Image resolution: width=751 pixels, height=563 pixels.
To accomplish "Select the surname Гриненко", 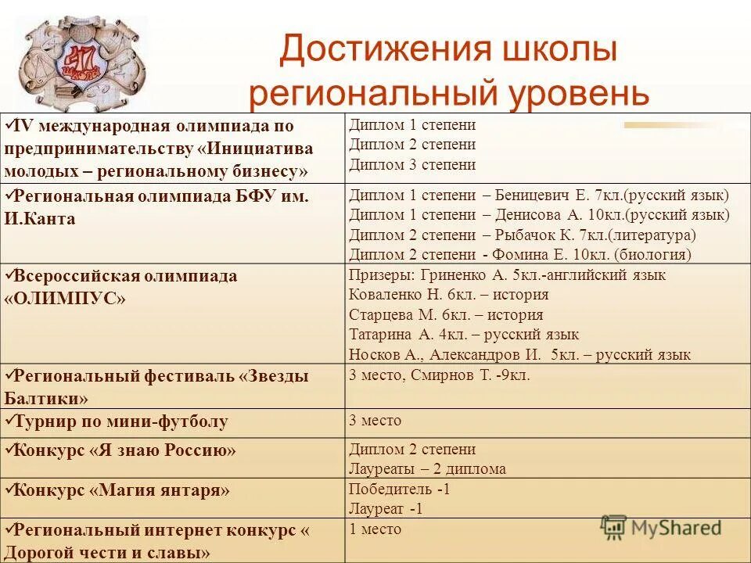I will tap(458, 275).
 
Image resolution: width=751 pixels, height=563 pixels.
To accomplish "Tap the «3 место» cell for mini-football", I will tap(375, 421).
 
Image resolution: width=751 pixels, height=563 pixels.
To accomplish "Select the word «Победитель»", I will tap(390, 489).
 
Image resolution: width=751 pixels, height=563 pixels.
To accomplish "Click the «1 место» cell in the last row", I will tap(375, 529).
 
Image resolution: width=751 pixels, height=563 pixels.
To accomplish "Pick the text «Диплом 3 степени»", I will tap(412, 165).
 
